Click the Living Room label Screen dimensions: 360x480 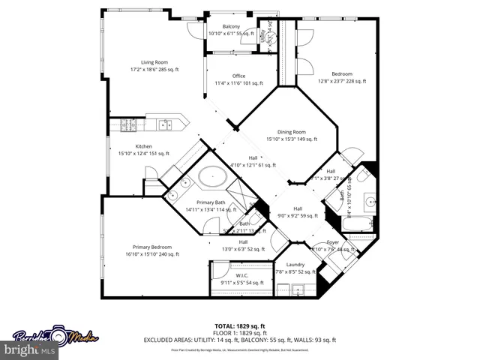pos(154,62)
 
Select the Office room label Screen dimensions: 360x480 pos(238,76)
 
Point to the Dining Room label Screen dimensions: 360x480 pos(292,131)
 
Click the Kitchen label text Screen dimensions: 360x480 pos(144,146)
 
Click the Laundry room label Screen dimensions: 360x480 pos(295,265)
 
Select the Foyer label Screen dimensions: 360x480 pos(333,242)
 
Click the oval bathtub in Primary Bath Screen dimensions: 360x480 pos(213,178)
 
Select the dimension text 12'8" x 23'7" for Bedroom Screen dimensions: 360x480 pos(342,81)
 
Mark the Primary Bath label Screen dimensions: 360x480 pos(211,202)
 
